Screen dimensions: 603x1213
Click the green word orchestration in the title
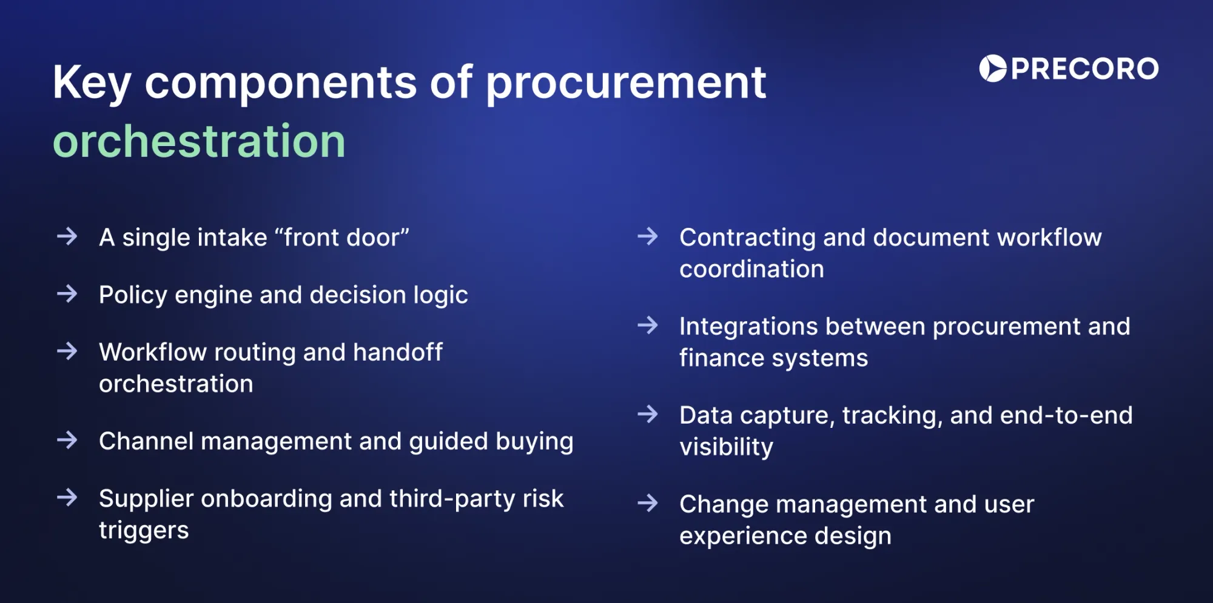pos(199,142)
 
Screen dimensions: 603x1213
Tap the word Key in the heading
pos(91,84)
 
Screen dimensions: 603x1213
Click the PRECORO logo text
pos(1084,68)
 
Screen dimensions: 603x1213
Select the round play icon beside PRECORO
pos(992,68)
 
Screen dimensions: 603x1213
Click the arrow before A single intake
pos(67,236)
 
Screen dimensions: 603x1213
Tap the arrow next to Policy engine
pos(67,294)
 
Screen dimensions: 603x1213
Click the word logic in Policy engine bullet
pos(440,296)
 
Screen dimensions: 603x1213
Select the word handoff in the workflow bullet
pos(398,352)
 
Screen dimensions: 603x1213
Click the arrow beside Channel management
pos(67,440)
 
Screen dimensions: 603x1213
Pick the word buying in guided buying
pos(534,442)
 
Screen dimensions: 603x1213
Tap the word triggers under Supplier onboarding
pos(144,530)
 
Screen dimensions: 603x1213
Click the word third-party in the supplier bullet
pos(452,499)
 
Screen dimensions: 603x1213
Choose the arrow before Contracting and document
pos(648,236)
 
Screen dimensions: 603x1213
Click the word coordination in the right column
pos(751,269)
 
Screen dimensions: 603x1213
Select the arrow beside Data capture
pos(648,415)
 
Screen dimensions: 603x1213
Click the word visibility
pos(726,447)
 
